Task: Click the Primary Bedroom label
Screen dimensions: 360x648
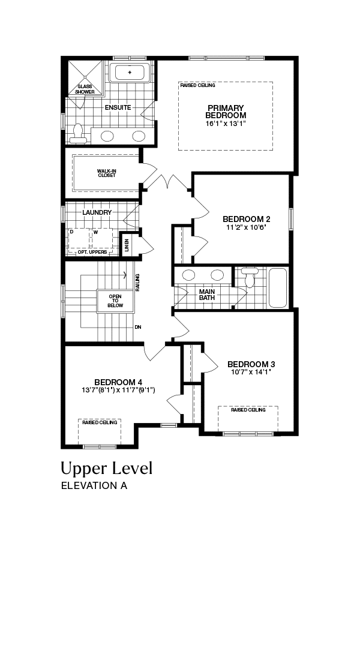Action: point(226,112)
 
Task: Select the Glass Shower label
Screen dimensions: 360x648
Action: point(85,89)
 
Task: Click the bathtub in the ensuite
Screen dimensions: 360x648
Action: point(130,73)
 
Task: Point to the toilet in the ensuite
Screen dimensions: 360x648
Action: point(78,133)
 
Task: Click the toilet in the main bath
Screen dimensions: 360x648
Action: point(250,277)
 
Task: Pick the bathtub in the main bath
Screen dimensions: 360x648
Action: point(278,287)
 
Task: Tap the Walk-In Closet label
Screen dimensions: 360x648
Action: point(107,173)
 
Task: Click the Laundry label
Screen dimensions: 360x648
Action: point(97,212)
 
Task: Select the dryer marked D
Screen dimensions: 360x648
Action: point(79,238)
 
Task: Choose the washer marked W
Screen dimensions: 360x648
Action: point(101,238)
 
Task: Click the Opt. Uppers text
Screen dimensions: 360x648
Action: point(92,252)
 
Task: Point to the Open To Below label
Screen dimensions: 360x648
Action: point(115,301)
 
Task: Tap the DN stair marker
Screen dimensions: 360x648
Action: point(138,327)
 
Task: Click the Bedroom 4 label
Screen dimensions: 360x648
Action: point(115,382)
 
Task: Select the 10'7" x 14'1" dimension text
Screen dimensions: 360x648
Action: point(251,371)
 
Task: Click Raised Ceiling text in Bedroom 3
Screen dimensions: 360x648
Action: point(248,410)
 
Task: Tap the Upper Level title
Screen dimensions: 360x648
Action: point(107,469)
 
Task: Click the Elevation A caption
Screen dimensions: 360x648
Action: point(94,485)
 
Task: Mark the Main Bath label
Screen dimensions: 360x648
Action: point(207,294)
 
